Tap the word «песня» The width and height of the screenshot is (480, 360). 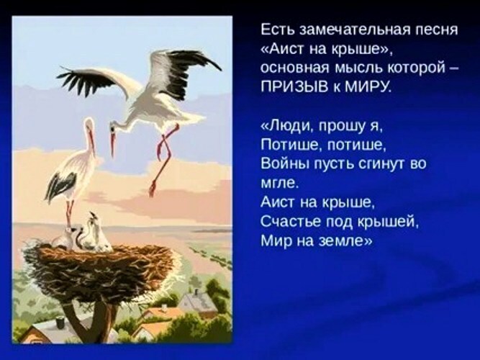point(433,30)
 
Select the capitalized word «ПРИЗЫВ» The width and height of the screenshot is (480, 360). point(294,87)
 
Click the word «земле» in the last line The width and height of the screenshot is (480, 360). point(345,241)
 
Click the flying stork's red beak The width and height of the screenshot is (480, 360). point(113,143)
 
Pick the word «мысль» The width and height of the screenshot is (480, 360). point(358,69)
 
